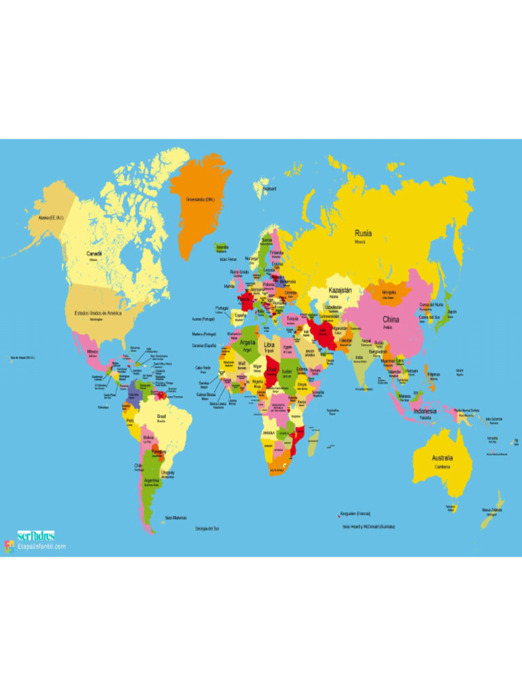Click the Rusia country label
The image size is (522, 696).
[x=363, y=233]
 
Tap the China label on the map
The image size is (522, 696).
[x=391, y=319]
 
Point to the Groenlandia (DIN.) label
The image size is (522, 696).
[x=200, y=200]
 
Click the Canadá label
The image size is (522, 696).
[x=94, y=254]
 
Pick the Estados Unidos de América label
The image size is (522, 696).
[x=97, y=313]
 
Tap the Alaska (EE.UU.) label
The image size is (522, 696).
[x=50, y=217]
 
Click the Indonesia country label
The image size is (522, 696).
[x=425, y=411]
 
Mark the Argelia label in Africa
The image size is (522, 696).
[x=247, y=343]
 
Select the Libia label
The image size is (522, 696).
[x=269, y=345]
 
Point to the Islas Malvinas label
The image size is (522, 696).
[x=175, y=517]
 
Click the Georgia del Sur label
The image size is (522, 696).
[x=207, y=528]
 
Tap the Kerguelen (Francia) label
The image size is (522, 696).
[x=355, y=513]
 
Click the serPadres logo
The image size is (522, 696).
[x=36, y=536]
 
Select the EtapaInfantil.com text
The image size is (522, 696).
[x=41, y=546]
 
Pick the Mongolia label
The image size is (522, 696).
[x=389, y=292]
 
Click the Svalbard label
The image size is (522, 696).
[x=269, y=188]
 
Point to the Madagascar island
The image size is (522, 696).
[x=313, y=445]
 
